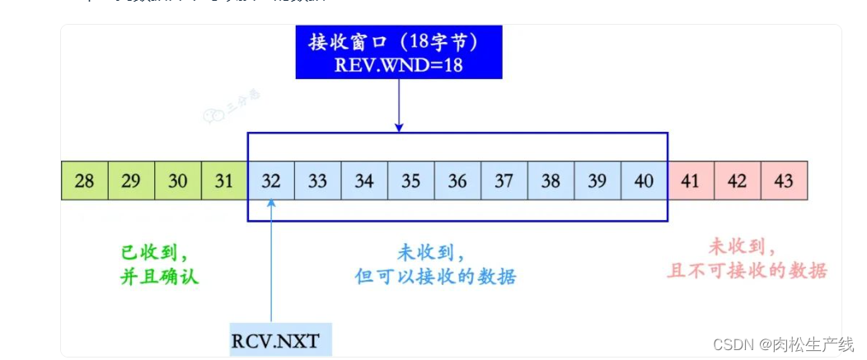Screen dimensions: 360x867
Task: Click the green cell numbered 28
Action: pyautogui.click(x=85, y=180)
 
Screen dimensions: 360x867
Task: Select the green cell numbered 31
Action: pyautogui.click(x=224, y=180)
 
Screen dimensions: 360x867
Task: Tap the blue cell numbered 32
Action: pyautogui.click(x=271, y=180)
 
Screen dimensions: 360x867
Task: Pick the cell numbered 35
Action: pyautogui.click(x=410, y=180)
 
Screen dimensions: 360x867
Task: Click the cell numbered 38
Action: pyautogui.click(x=551, y=180)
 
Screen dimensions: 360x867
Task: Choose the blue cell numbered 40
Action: pyautogui.click(x=644, y=180)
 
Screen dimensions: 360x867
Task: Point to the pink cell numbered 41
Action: pyautogui.click(x=691, y=180)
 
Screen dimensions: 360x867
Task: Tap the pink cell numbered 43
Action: pyautogui.click(x=784, y=180)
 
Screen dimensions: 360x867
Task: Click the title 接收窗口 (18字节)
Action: pyautogui.click(x=398, y=41)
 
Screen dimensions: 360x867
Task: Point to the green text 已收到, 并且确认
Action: pyautogui.click(x=159, y=263)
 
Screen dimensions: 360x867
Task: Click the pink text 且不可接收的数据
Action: pyautogui.click(x=746, y=270)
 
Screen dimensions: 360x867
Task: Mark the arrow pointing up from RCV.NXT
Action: pyautogui.click(x=271, y=264)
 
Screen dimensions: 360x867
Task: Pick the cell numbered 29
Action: pyautogui.click(x=131, y=180)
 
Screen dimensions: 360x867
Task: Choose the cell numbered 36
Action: pyautogui.click(x=457, y=180)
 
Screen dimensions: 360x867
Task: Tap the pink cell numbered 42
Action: pyautogui.click(x=738, y=180)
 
